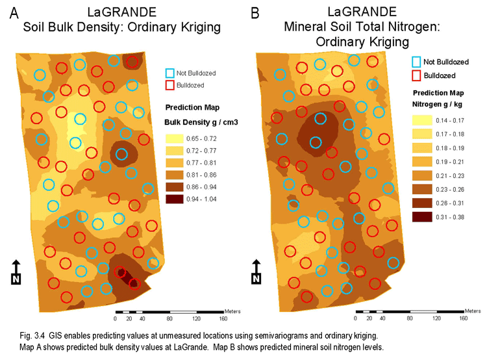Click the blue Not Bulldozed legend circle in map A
point(171,73)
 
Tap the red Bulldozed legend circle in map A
point(171,84)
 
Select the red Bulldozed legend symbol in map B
point(416,75)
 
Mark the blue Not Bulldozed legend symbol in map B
point(416,62)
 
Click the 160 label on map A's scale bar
point(223,320)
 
